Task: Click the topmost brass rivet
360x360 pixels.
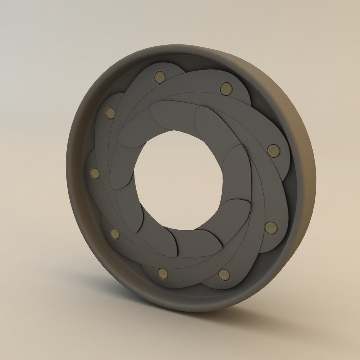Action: tap(160, 77)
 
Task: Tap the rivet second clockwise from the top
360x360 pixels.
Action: tap(226, 89)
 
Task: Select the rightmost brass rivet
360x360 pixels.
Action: tap(273, 151)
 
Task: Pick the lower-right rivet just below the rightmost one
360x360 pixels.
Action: tap(271, 228)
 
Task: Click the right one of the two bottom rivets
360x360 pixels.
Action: tap(224, 275)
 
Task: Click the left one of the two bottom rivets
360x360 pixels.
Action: tap(163, 274)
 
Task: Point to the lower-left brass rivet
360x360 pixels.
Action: tap(115, 234)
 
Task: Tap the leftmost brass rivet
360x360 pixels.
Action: tap(95, 173)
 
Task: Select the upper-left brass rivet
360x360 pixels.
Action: tap(110, 113)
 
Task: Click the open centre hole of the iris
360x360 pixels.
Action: tap(178, 180)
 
